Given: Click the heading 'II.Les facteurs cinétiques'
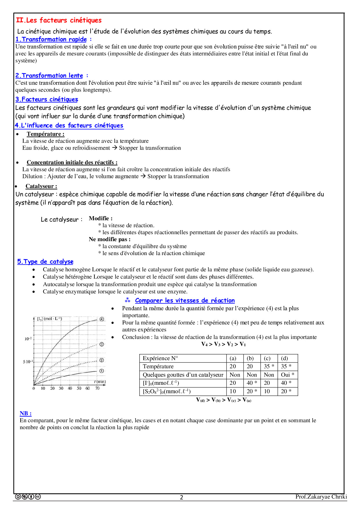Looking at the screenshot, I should [59, 20].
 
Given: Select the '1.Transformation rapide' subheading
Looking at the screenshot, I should [51, 39].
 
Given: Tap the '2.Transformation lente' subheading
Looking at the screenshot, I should [49, 75].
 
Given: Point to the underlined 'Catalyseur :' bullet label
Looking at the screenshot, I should [41, 186].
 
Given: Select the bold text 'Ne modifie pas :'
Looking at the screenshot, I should [109, 239].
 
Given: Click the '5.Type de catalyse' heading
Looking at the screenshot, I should [45, 261].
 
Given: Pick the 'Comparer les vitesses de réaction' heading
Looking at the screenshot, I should [185, 300].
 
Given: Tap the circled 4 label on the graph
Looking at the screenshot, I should [102, 319].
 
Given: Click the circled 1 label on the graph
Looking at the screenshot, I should [102, 371].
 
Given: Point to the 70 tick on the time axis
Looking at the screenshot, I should [97, 388].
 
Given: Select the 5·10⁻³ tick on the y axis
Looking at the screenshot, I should [28, 362].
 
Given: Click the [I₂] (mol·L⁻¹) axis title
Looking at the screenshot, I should [50, 319].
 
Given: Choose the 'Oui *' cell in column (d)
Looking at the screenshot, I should [287, 375].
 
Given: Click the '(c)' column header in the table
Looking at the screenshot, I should [267, 358].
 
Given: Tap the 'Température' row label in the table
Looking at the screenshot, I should [158, 366].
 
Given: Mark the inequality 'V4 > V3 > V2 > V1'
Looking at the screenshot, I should [224, 344].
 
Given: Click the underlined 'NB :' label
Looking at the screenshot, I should [26, 413].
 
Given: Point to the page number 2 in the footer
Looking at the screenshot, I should [181, 497].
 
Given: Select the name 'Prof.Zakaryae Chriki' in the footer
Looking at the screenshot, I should [321, 497].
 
